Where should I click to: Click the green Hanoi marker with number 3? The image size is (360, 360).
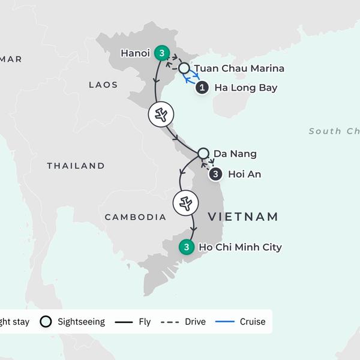point(161,53)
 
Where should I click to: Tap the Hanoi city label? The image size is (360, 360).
point(135,53)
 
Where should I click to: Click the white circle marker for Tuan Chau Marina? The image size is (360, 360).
point(184,68)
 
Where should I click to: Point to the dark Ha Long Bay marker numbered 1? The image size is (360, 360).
point(203,88)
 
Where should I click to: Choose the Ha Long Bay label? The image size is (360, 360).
point(245,88)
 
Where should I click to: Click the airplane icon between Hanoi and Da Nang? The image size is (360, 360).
point(161,114)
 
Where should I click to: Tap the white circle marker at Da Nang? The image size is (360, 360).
point(203,154)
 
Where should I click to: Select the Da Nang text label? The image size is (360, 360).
point(235,154)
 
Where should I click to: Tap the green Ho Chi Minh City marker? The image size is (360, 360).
point(187,247)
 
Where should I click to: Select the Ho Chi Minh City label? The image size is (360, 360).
point(240,247)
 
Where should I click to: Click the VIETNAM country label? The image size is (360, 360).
point(243,217)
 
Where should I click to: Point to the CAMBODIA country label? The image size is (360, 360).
point(135,217)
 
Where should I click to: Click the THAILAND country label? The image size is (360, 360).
point(76,166)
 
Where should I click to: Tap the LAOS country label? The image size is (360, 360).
point(103,85)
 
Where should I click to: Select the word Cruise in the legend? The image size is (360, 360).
point(252,322)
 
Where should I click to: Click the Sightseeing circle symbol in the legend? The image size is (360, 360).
point(46,322)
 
